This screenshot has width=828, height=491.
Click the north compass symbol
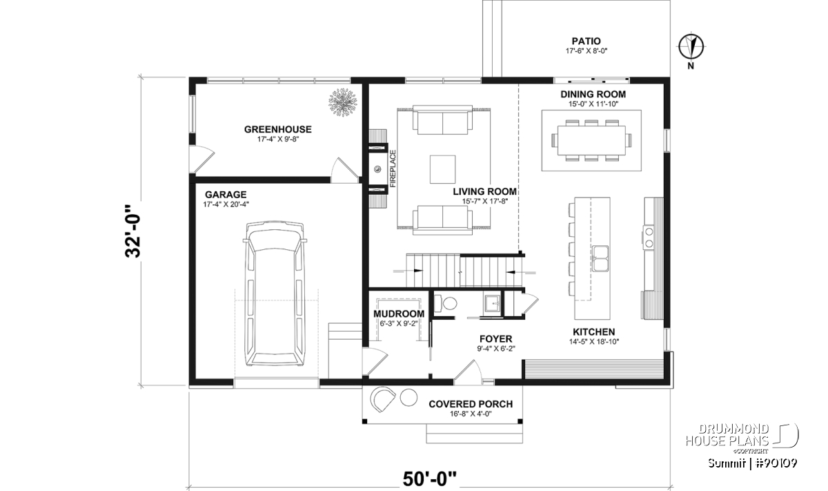pos(691,47)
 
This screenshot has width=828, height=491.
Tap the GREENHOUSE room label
pos(278,129)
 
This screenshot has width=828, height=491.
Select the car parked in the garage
pos(275,294)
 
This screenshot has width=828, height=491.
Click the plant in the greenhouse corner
pos(343,102)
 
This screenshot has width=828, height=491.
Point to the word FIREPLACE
pos(393,169)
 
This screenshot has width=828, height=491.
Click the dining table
pos(591,141)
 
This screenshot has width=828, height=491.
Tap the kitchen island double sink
pos(601,258)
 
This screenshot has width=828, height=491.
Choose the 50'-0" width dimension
pos(429,479)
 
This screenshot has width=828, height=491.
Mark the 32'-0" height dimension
pos(133,231)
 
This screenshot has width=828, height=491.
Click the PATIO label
pos(586,41)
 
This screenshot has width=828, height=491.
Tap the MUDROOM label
pos(399,314)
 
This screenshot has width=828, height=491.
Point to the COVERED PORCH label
pos(471,404)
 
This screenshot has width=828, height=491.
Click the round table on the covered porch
pos(408,397)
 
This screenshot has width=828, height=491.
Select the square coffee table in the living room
pos(442,169)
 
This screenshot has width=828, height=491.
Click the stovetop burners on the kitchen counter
pos(649,238)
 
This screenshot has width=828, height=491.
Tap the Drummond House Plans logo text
pos(727,435)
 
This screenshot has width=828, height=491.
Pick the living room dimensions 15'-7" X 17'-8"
pos(485,201)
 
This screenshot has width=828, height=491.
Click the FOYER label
pos(495,338)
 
